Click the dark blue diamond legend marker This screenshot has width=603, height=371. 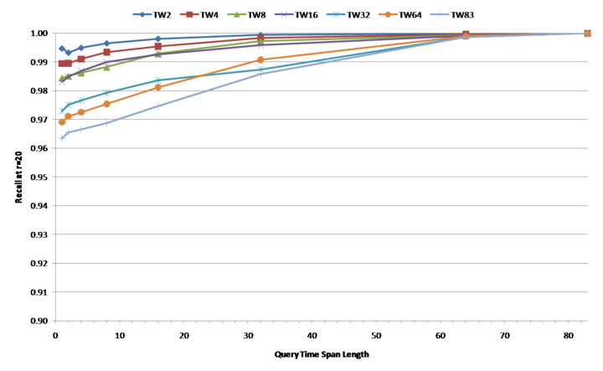tap(142, 14)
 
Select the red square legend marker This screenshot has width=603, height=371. tap(189, 14)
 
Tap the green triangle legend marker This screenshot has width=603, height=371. tap(236, 14)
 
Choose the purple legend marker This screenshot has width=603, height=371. tap(284, 14)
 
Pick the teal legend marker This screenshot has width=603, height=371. tap(336, 14)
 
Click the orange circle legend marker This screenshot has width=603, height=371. tap(388, 14)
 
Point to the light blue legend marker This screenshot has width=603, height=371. tap(439, 14)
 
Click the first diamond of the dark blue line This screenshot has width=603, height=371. tap(62, 49)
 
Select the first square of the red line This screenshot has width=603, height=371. tap(62, 64)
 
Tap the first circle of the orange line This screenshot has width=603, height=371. tap(62, 121)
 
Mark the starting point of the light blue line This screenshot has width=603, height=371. tap(62, 137)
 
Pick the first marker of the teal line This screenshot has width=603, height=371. tap(62, 110)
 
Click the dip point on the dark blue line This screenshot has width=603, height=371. tap(69, 53)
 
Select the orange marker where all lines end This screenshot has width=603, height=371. tap(587, 33)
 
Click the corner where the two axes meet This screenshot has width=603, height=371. tap(55, 320)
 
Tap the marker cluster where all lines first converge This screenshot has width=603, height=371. tap(466, 35)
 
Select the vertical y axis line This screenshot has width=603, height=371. tap(55, 176)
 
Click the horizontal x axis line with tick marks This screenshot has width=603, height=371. tap(318, 320)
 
